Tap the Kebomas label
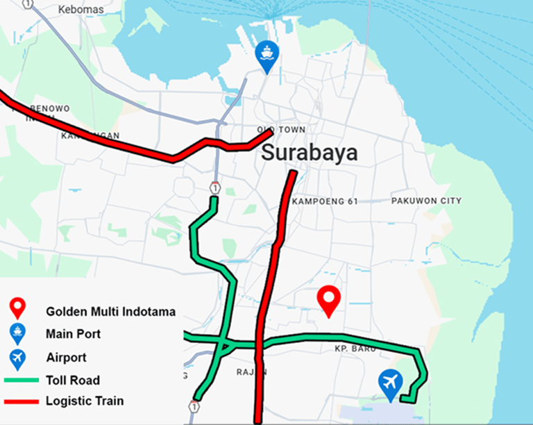tap(81, 10)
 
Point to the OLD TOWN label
tap(281, 130)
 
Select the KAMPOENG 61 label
tap(325, 201)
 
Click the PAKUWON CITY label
tap(426, 201)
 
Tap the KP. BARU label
tap(355, 349)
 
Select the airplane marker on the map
tap(391, 383)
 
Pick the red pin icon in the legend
tap(17, 309)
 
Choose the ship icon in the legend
tap(17, 334)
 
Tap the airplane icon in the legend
tap(17, 358)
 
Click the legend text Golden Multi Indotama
tap(110, 312)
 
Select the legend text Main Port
tap(73, 334)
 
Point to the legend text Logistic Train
tap(85, 401)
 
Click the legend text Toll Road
tap(72, 380)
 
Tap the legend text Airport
tap(66, 358)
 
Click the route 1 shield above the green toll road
tap(216, 187)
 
